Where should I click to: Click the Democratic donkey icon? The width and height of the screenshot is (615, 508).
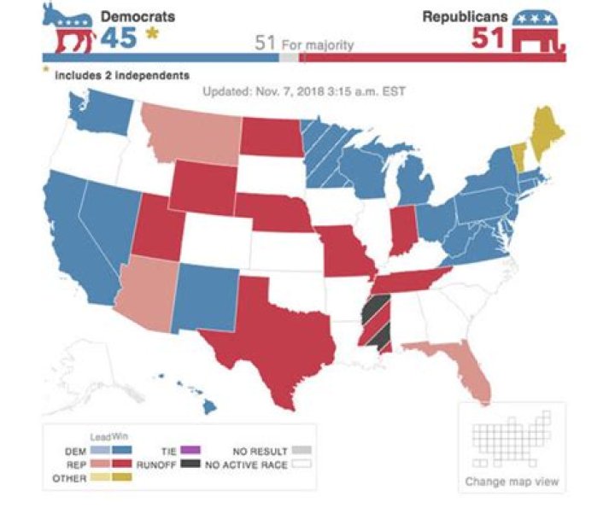click(x=70, y=33)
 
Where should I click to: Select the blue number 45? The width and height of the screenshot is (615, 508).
click(x=120, y=38)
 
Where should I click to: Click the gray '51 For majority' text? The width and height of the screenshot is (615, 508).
click(x=304, y=44)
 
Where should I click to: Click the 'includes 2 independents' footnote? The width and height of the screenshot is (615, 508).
click(x=121, y=75)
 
